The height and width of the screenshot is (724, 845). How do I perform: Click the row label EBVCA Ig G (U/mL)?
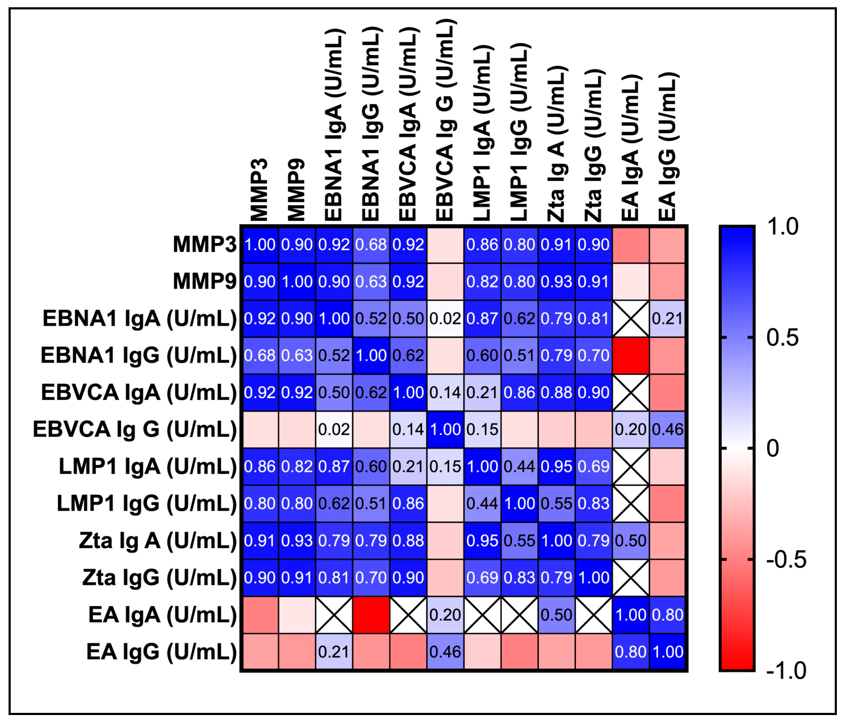(x=135, y=429)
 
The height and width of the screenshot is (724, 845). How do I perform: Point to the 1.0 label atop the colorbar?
(x=783, y=227)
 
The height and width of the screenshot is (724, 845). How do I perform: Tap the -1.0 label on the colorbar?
(x=786, y=670)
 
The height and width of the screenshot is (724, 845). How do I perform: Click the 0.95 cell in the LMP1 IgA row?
(x=556, y=467)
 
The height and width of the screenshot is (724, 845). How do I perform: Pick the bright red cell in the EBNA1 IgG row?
(x=631, y=355)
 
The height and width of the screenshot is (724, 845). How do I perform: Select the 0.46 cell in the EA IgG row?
(x=445, y=652)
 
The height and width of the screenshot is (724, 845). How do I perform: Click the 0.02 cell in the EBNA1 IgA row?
(x=445, y=319)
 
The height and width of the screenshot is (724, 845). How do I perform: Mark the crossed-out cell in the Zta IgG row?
(x=631, y=578)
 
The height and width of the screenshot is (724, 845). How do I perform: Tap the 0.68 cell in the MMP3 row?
(x=371, y=245)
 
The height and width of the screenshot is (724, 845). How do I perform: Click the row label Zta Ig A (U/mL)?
(x=158, y=541)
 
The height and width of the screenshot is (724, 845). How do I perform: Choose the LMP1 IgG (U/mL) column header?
(x=519, y=133)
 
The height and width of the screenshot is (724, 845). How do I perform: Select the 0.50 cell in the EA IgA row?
(x=556, y=615)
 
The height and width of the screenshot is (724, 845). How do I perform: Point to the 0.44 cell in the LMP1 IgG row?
(x=482, y=503)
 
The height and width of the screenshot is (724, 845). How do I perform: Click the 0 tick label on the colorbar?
(x=773, y=449)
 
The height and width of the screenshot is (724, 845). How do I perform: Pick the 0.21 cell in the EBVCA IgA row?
(x=482, y=393)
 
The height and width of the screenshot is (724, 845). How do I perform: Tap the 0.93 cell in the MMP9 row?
(x=556, y=281)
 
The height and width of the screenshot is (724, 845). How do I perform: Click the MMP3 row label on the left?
(x=204, y=245)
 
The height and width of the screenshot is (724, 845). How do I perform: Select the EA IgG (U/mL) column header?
(x=668, y=148)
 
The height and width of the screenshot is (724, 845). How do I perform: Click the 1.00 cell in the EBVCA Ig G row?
(x=445, y=429)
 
